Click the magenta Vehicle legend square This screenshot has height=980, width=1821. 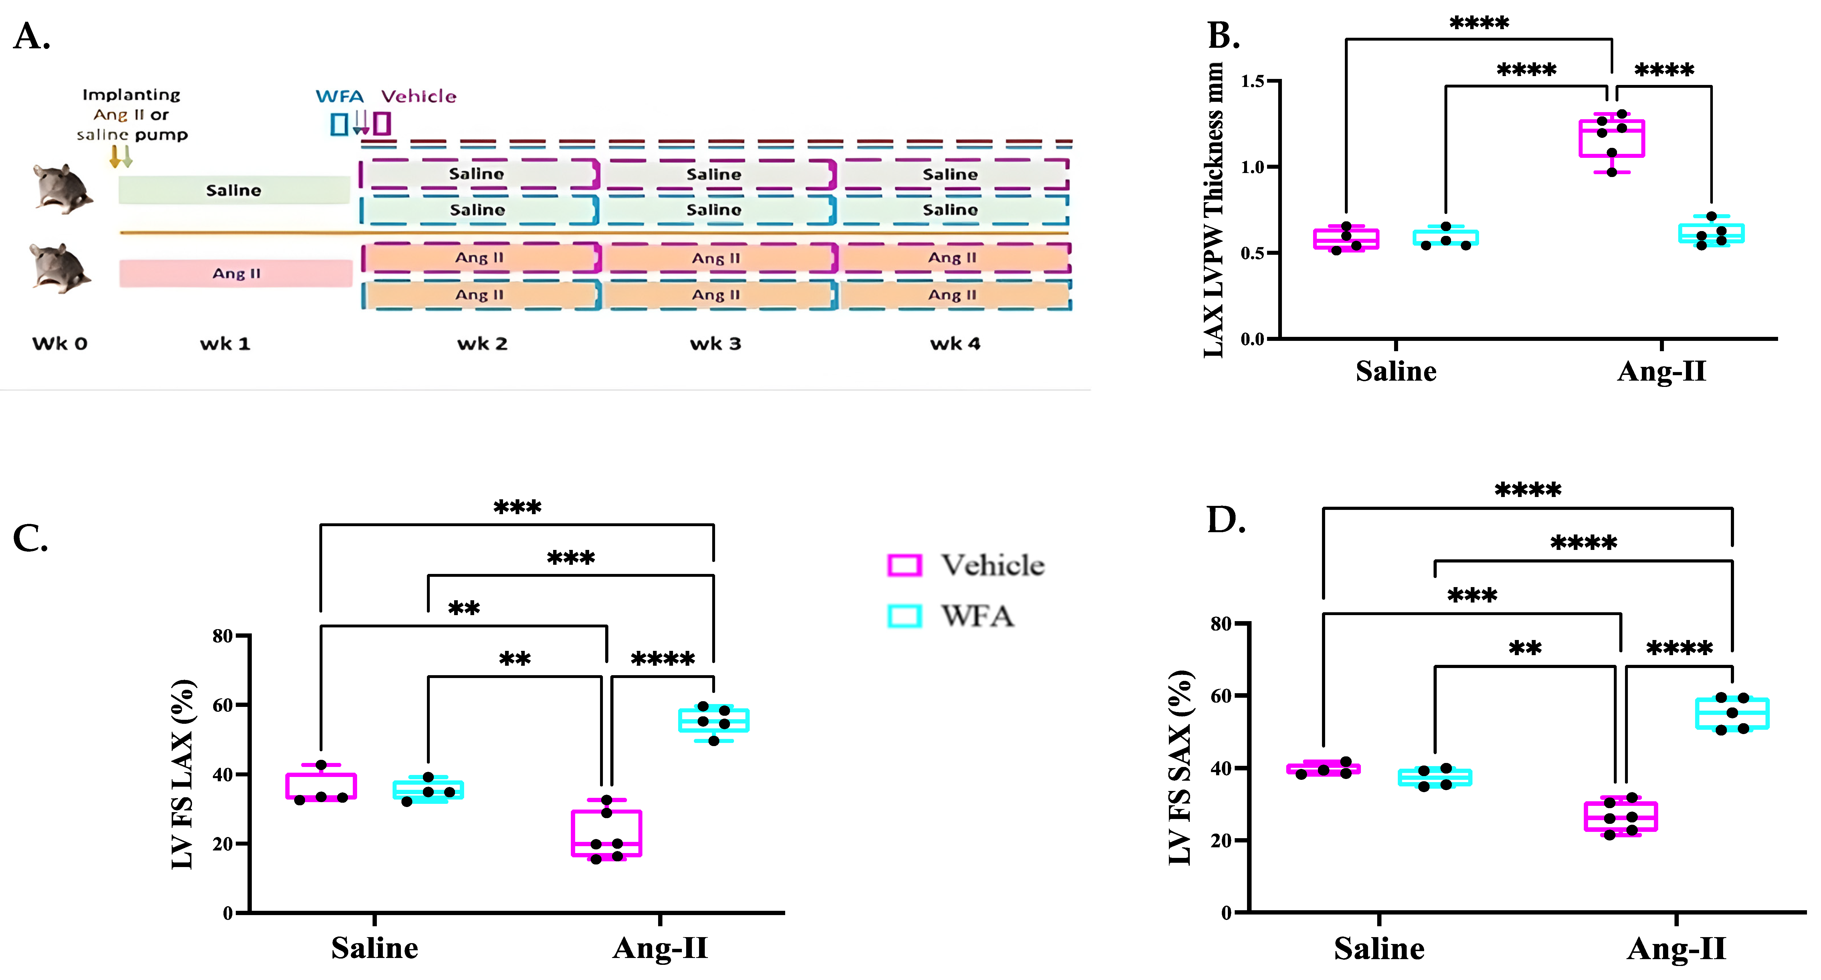tap(904, 565)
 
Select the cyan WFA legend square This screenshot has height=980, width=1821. tap(904, 616)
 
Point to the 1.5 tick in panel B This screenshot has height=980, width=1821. tap(1253, 81)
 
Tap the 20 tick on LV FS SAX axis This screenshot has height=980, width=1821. tap(1221, 841)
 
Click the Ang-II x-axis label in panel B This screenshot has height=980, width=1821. tap(1661, 371)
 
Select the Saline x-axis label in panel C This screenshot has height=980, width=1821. tap(375, 947)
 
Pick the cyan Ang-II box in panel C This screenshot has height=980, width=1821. tap(713, 721)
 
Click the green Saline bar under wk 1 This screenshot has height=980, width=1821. tap(233, 190)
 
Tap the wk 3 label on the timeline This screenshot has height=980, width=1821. tap(715, 344)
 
